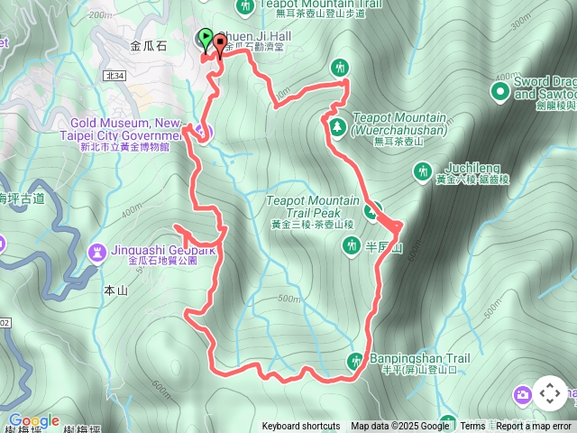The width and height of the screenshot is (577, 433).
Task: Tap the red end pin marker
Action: pyautogui.click(x=220, y=46)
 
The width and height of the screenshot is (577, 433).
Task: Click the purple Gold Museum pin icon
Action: pyautogui.click(x=202, y=135)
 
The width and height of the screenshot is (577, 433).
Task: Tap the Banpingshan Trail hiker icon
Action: pyautogui.click(x=356, y=362)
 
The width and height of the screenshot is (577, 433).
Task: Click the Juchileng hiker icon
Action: pyautogui.click(x=421, y=170)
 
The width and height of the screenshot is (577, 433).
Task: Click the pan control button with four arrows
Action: pyautogui.click(x=549, y=393)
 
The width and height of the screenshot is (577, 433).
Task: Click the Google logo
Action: pyautogui.click(x=33, y=420)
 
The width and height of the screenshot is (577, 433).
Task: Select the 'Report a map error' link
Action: pyautogui.click(x=534, y=427)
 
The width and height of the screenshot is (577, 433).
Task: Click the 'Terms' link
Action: pyautogui.click(x=472, y=427)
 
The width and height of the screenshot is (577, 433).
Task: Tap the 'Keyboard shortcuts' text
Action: pyautogui.click(x=301, y=427)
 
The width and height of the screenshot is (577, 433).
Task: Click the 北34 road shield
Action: pyautogui.click(x=114, y=76)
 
